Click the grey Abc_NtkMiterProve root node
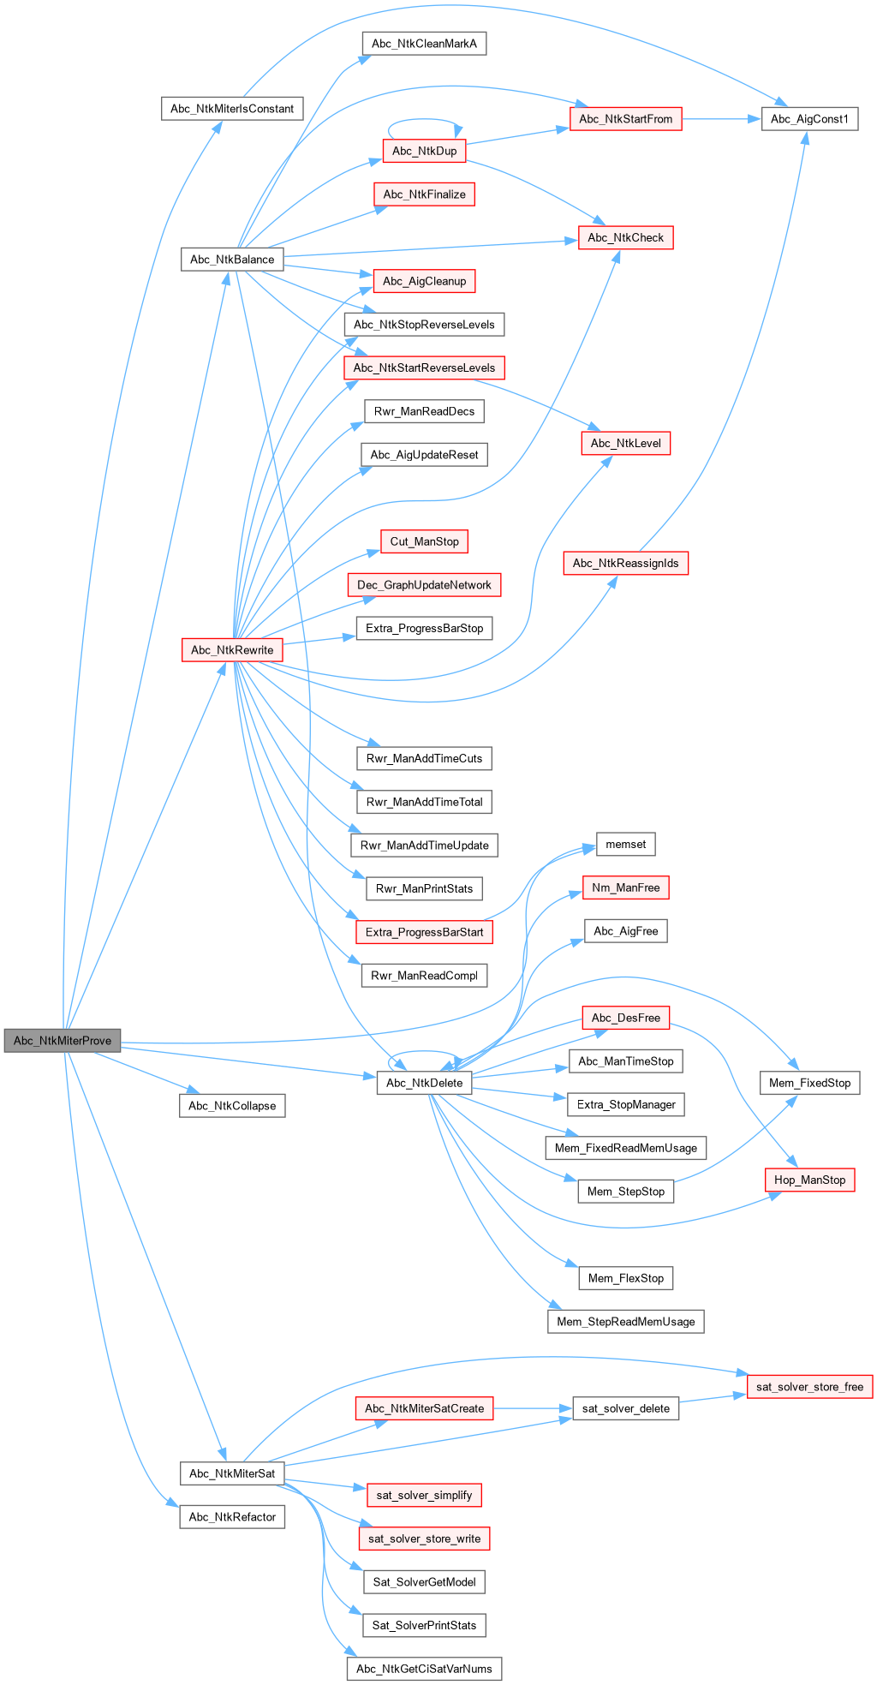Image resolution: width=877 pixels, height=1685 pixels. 63,1041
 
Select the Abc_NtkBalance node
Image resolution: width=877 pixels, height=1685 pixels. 232,260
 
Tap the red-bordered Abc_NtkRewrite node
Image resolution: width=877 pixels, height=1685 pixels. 232,650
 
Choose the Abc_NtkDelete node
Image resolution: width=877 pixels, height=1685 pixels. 424,1083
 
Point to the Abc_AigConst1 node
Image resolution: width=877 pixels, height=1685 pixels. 809,119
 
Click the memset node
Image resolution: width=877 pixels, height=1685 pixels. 625,845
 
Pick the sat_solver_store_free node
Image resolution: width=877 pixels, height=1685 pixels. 809,1387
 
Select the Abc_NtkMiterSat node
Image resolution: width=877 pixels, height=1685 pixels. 232,1473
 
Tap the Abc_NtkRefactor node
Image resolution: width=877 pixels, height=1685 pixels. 232,1517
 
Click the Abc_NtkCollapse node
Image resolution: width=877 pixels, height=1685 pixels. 232,1106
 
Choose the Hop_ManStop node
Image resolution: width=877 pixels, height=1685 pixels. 809,1180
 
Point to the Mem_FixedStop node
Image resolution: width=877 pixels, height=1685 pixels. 809,1083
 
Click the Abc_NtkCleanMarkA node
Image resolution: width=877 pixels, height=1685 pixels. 424,44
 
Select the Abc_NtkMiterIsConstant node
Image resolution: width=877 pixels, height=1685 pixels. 232,109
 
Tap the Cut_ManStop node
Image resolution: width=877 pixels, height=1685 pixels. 424,541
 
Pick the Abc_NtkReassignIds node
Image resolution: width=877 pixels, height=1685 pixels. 625,564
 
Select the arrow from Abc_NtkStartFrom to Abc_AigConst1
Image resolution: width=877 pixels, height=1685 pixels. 721,119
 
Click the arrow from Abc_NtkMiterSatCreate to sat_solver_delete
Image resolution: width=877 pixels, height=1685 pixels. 533,1408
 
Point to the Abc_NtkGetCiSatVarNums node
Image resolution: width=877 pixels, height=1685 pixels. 424,1669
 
